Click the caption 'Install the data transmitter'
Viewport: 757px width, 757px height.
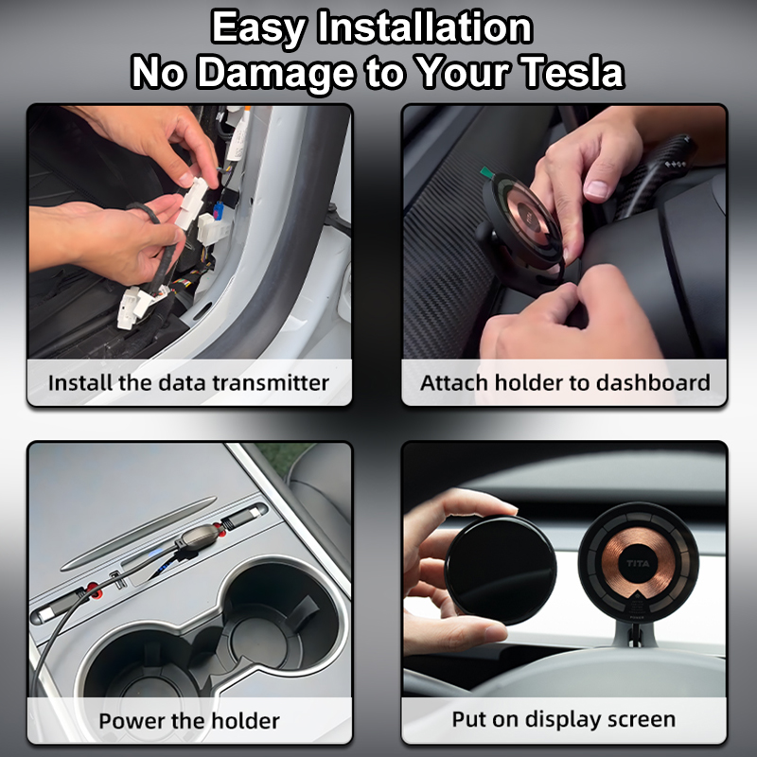click(x=188, y=383)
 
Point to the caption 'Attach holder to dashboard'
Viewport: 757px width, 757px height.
click(x=565, y=383)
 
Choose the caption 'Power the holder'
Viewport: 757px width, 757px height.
click(x=189, y=721)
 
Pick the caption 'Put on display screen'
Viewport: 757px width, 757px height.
click(x=564, y=719)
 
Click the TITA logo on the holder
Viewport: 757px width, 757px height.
click(x=637, y=561)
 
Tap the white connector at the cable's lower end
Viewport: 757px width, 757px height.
click(x=132, y=307)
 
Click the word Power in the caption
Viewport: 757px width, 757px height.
click(x=132, y=721)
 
